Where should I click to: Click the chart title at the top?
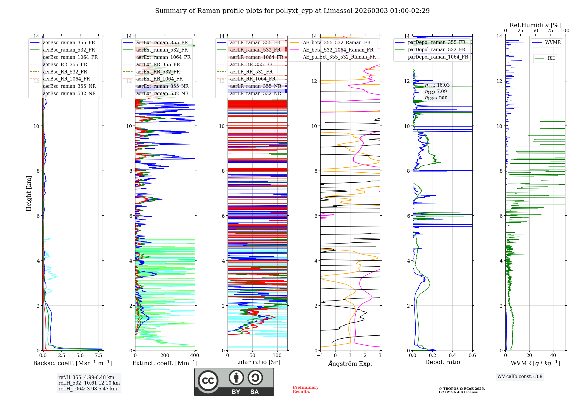(292, 11)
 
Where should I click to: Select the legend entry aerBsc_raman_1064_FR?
(70, 57)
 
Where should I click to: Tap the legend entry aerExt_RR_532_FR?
(158, 72)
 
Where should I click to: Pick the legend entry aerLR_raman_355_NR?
(255, 86)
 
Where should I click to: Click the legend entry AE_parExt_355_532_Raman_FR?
(339, 57)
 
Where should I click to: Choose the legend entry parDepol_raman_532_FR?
(436, 50)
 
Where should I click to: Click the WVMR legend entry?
(553, 42)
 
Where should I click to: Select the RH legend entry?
(551, 58)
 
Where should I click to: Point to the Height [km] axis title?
(29, 193)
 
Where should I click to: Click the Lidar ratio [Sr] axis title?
(257, 362)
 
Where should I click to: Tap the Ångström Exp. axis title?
(350, 364)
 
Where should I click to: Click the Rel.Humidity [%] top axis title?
(535, 25)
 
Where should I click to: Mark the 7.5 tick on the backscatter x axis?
(99, 356)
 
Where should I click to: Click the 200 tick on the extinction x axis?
(165, 356)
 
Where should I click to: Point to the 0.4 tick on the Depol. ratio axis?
(452, 356)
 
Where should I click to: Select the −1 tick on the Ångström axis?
(320, 356)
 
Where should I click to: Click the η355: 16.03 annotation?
(437, 85)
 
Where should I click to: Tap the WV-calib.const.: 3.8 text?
(520, 377)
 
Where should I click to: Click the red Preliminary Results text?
(306, 390)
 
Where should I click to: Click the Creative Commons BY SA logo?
(234, 382)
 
